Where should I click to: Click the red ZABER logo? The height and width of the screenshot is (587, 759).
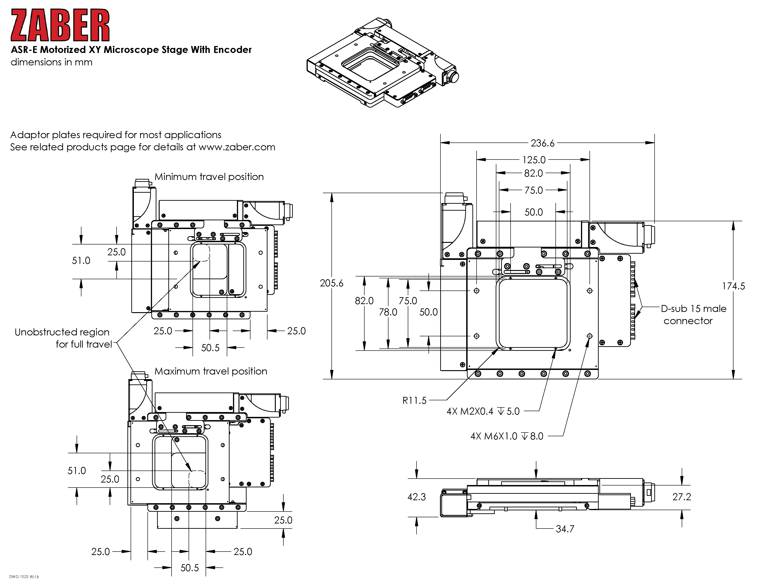pos(60,25)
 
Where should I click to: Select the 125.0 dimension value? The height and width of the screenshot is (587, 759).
pos(534,160)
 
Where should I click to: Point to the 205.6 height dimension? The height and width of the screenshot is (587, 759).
pos(331,283)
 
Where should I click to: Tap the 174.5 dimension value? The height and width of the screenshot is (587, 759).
pos(733,286)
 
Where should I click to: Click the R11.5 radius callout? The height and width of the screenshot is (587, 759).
pos(414,401)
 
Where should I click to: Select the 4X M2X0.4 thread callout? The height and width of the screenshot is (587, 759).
pos(483,411)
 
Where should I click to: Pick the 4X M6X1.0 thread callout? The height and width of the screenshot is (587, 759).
pos(507,436)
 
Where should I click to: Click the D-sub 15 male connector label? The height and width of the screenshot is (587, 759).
pos(693,314)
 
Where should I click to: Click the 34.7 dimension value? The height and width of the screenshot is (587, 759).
pos(565,529)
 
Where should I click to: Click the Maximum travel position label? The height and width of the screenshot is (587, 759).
pos(211,371)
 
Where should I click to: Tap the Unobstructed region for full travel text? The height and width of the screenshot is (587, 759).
pos(63,338)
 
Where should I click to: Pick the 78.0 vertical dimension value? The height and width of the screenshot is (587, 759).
pos(388,312)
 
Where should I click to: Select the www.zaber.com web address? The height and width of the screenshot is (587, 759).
pos(237,147)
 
